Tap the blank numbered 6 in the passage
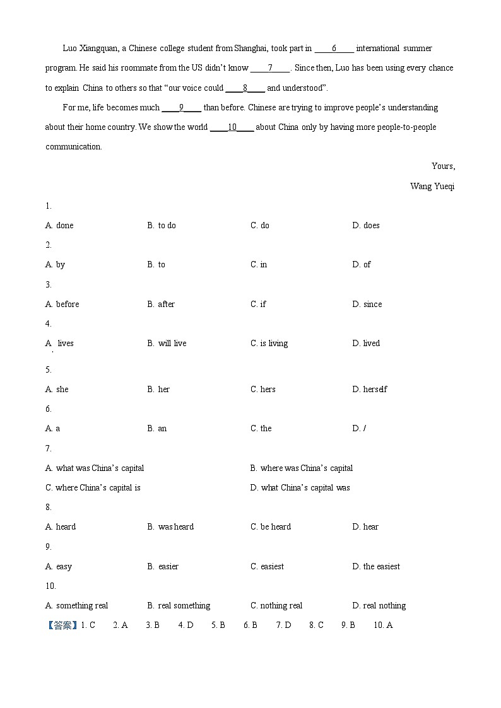(x=334, y=49)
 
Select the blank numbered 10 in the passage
(x=232, y=127)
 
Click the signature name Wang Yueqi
(x=432, y=187)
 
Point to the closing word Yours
(x=443, y=166)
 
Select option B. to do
(x=162, y=226)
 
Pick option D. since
(x=367, y=305)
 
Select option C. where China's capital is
(x=93, y=488)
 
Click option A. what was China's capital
(x=95, y=468)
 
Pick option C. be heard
(x=271, y=527)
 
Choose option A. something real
(x=76, y=606)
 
